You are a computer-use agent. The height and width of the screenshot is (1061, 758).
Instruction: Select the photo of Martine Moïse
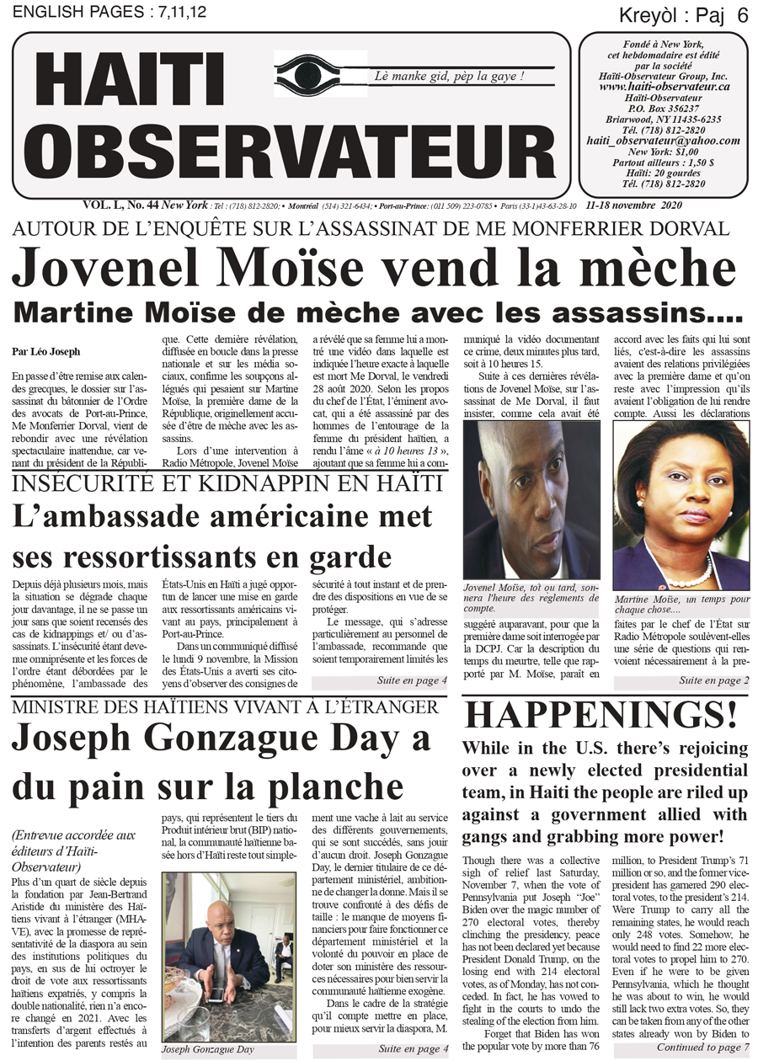pos(681,505)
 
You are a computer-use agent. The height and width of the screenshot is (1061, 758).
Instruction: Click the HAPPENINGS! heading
pos(601,715)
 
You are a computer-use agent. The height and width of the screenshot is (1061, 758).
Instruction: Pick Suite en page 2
pos(713,680)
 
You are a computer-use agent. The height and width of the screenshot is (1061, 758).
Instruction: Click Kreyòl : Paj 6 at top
pos(683,14)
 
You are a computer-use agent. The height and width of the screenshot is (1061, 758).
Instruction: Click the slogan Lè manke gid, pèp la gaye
pos(451,77)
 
